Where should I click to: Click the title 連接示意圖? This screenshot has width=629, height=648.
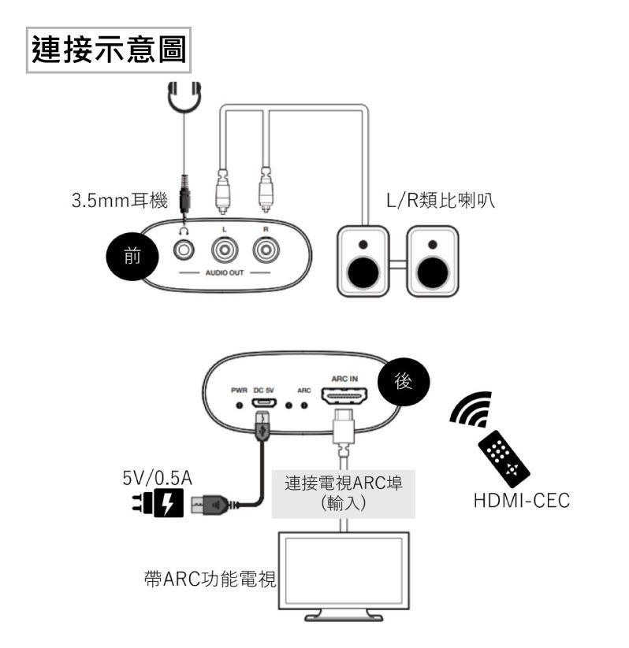(x=108, y=50)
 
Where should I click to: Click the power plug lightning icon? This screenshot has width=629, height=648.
(x=167, y=503)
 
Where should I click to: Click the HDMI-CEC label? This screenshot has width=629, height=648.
(x=516, y=502)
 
